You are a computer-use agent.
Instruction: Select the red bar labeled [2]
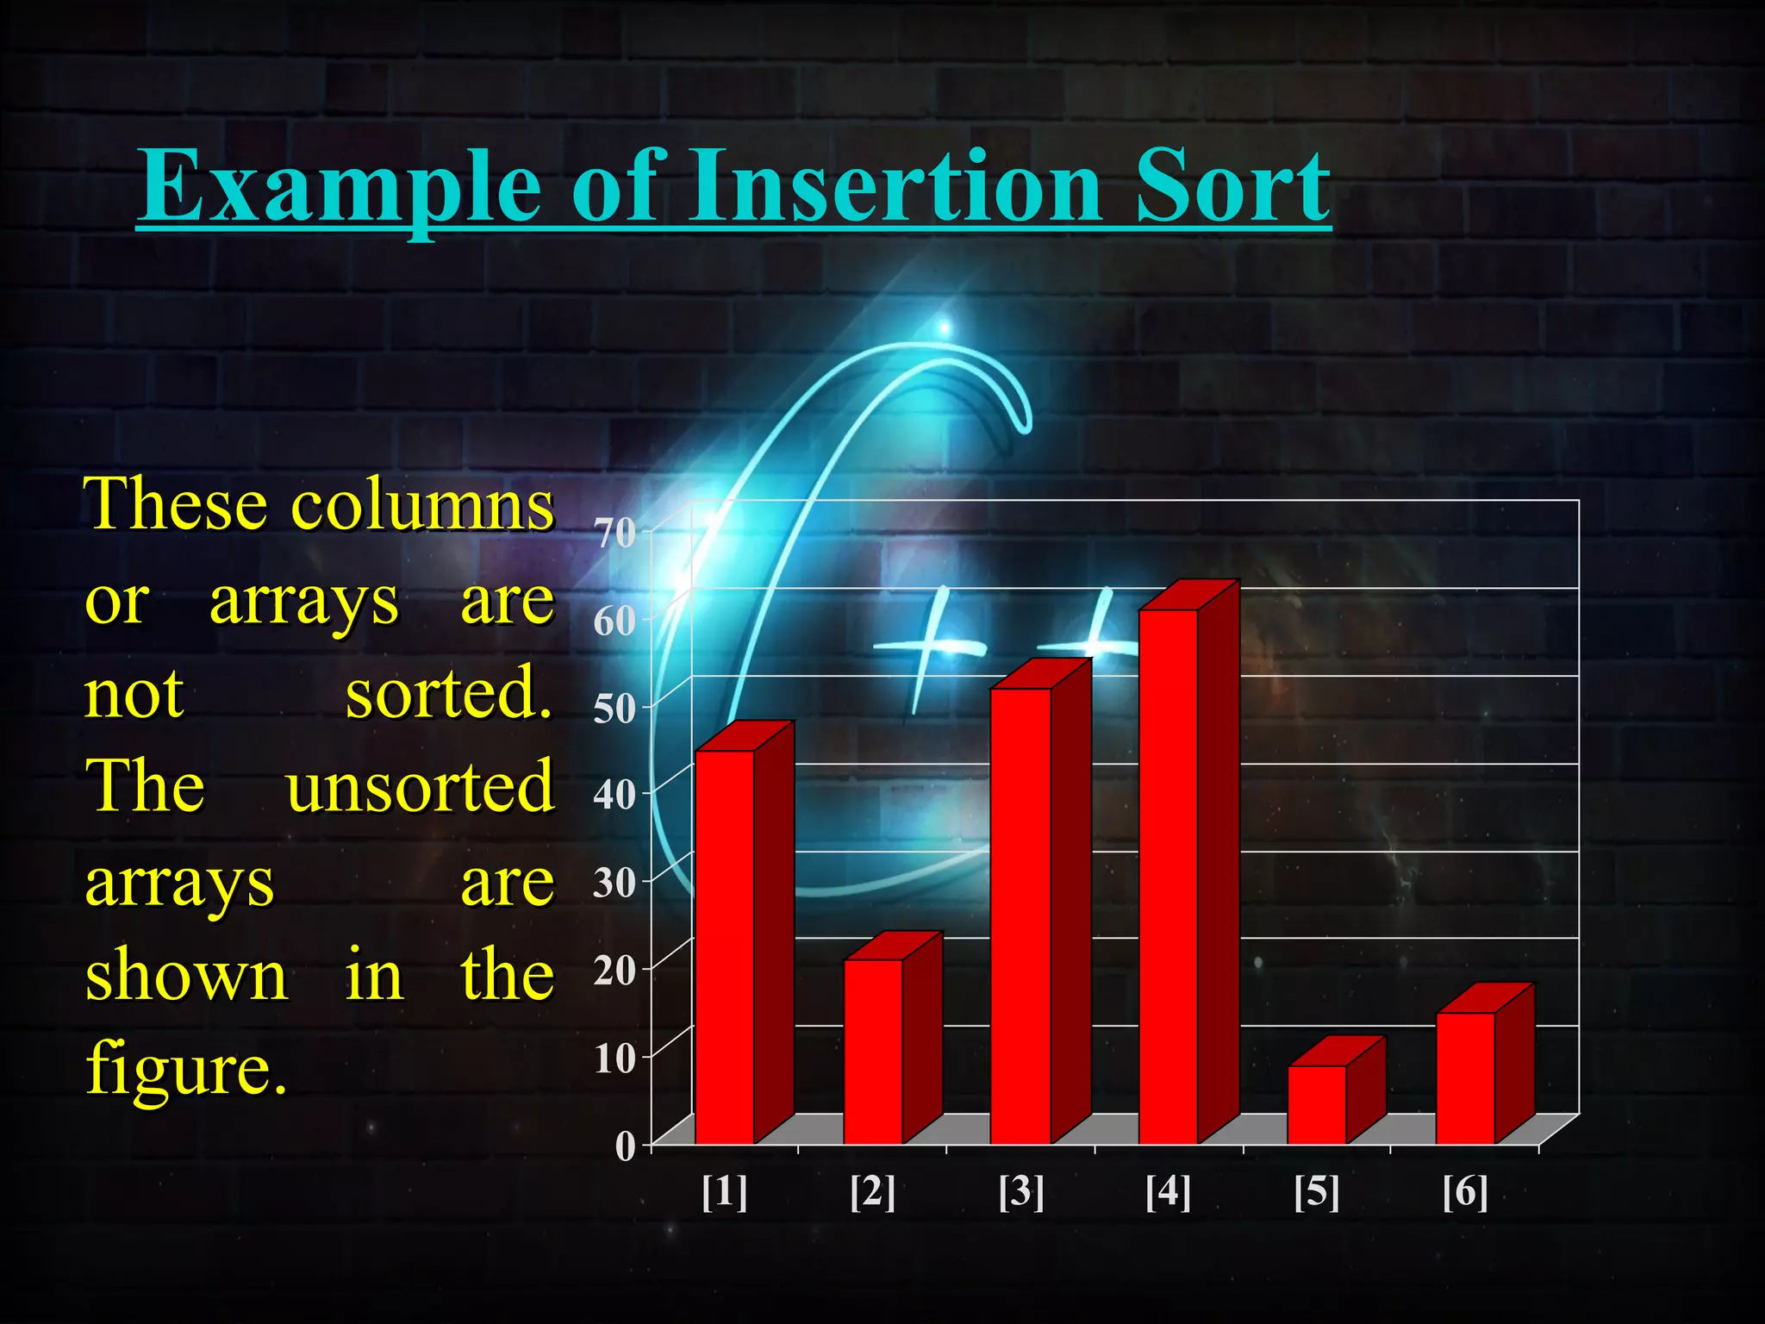coord(873,1051)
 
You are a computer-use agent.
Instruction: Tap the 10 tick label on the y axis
coord(614,1059)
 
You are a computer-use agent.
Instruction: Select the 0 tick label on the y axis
coord(626,1146)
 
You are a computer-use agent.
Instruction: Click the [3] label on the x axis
coord(1021,1192)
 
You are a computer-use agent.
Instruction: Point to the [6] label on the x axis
coord(1465,1192)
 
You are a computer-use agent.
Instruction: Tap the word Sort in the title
coord(1232,185)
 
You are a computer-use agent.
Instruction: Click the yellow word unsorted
coord(421,787)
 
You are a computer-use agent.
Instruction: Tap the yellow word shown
coord(186,976)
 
